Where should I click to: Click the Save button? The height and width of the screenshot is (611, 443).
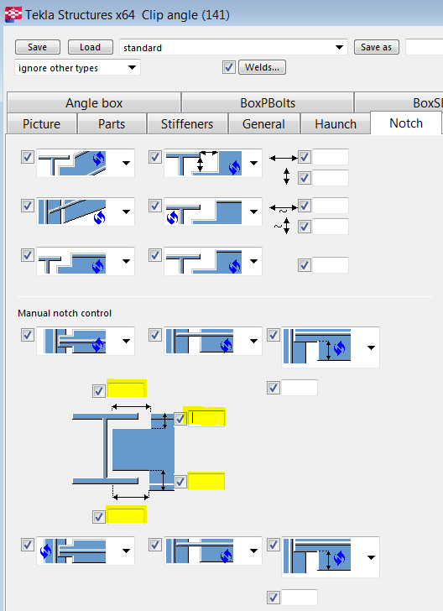tap(37, 47)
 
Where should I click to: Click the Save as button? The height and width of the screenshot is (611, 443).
tap(376, 47)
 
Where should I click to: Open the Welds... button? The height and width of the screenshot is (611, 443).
tap(263, 67)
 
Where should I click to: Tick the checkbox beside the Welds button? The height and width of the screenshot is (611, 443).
tap(229, 67)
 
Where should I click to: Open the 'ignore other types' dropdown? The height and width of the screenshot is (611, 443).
tap(77, 67)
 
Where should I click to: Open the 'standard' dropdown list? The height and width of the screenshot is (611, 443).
tap(233, 47)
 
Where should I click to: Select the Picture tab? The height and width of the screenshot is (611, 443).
tap(41, 123)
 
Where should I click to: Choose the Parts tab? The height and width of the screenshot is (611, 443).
tap(112, 123)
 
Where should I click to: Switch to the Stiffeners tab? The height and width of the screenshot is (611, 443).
tap(186, 123)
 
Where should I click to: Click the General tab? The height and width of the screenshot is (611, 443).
tap(263, 123)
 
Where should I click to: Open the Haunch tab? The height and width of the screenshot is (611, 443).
tap(336, 123)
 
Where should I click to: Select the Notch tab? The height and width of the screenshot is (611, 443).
tap(406, 123)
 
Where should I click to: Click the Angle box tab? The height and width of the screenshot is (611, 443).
tap(94, 103)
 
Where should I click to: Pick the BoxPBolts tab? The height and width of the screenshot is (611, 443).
tap(267, 103)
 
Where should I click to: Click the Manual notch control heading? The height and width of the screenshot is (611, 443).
tap(65, 313)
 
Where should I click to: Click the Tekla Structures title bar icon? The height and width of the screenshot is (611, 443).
tap(11, 15)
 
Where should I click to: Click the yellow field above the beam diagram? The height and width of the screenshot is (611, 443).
tap(127, 389)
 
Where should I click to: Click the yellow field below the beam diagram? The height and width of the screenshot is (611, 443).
tap(127, 514)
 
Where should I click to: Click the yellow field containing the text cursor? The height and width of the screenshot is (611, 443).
tap(206, 417)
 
